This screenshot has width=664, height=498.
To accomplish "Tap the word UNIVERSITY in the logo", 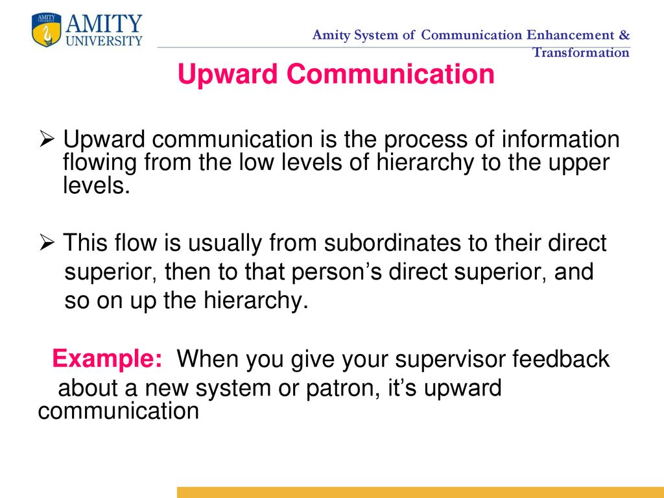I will (104, 41).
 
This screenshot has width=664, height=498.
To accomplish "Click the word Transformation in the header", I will (580, 53).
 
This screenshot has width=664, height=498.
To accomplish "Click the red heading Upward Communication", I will (336, 75).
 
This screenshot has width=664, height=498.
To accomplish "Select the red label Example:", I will (107, 359).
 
